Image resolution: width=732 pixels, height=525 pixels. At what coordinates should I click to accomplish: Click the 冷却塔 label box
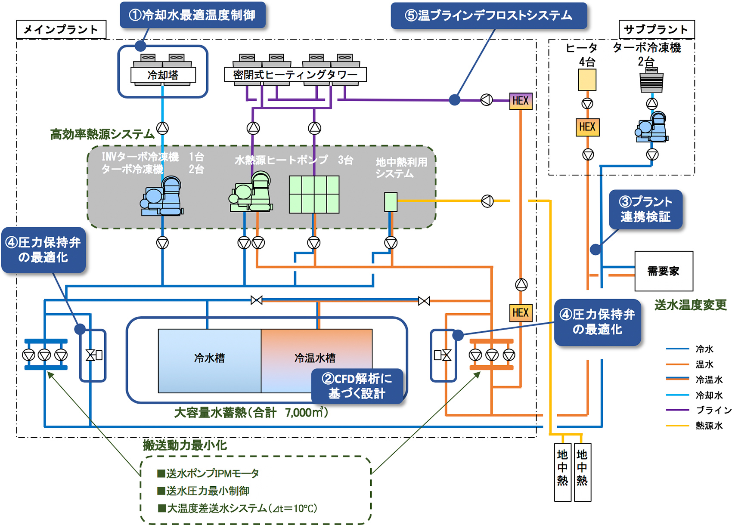click(163, 75)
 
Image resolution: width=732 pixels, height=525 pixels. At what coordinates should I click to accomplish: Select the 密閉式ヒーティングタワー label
click(295, 74)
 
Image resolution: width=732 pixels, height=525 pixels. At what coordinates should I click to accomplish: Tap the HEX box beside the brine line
click(521, 101)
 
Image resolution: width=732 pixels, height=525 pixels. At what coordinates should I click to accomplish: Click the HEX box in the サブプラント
click(587, 127)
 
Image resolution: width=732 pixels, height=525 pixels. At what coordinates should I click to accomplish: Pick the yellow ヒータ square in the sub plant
click(587, 80)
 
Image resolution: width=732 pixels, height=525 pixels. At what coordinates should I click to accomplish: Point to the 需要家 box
click(664, 271)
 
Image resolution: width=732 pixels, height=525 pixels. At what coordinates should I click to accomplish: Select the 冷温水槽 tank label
click(315, 358)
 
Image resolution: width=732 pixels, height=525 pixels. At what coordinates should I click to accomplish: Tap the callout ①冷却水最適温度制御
click(192, 15)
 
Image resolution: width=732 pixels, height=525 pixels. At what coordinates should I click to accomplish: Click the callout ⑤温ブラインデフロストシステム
click(488, 15)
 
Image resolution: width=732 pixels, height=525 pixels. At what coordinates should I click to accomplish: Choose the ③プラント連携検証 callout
click(645, 210)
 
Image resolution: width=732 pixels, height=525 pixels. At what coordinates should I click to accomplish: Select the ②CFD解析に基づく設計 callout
click(357, 386)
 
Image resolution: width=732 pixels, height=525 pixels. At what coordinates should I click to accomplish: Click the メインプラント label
click(61, 29)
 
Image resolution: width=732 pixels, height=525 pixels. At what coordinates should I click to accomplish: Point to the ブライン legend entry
click(713, 410)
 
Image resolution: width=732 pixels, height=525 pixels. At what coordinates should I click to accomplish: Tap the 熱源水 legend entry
click(709, 426)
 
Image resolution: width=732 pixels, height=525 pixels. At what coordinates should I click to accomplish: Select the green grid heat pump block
click(314, 195)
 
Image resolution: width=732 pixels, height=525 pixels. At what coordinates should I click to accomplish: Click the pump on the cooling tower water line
click(162, 128)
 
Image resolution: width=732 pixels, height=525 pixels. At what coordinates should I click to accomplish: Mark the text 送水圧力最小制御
click(208, 491)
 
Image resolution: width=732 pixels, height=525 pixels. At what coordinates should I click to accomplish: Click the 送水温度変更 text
click(690, 305)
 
